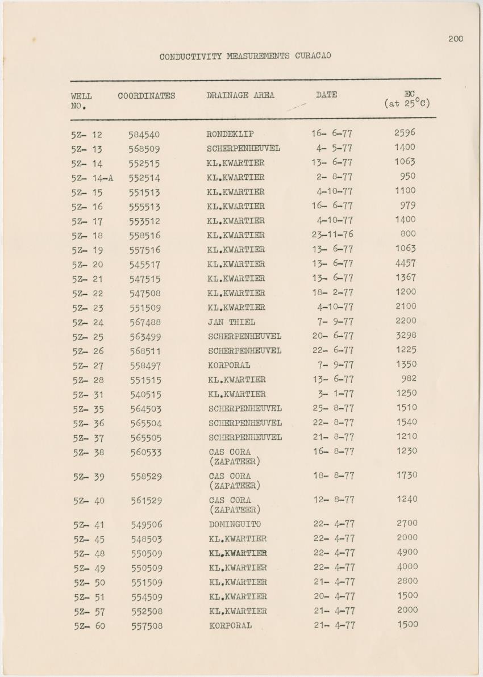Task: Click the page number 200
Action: click(455, 39)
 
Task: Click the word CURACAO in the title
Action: click(313, 56)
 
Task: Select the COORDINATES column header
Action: click(146, 96)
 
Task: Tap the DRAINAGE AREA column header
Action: click(240, 95)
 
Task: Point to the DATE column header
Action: click(326, 95)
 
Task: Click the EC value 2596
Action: click(405, 133)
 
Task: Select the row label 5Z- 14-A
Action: click(92, 178)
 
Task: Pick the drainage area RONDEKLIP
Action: click(230, 134)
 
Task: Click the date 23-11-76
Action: click(332, 235)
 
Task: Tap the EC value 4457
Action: click(405, 263)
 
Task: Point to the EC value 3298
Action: click(406, 335)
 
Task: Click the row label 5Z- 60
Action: click(89, 626)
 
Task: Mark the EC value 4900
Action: click(407, 552)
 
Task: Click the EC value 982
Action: click(409, 379)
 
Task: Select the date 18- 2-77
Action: click(333, 292)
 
